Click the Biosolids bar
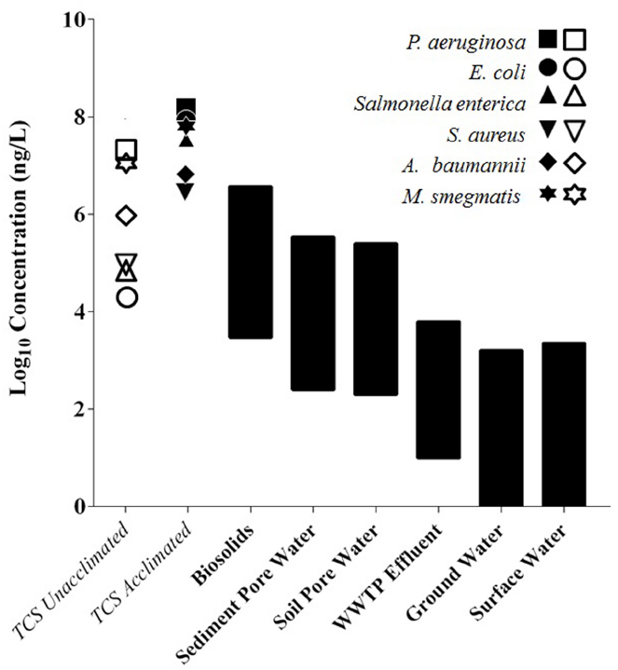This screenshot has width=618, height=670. pyautogui.click(x=250, y=262)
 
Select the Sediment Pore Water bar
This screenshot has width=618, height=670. pyautogui.click(x=312, y=313)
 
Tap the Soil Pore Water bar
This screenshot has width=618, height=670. pyautogui.click(x=375, y=319)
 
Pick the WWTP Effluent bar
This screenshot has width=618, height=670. pyautogui.click(x=437, y=390)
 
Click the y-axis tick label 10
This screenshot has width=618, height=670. pyautogui.click(x=81, y=21)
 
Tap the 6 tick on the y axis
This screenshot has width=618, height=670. pyautogui.click(x=87, y=215)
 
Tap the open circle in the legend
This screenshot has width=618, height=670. pyautogui.click(x=575, y=71)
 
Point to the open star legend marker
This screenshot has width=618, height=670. pyautogui.click(x=575, y=194)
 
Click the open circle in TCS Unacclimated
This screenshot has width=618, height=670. pyautogui.click(x=127, y=297)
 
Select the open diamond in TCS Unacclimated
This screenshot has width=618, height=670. pyautogui.click(x=127, y=216)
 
